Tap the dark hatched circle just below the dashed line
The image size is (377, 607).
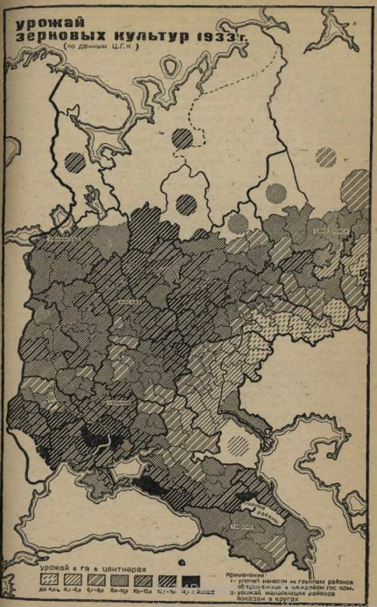point(182,138)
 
